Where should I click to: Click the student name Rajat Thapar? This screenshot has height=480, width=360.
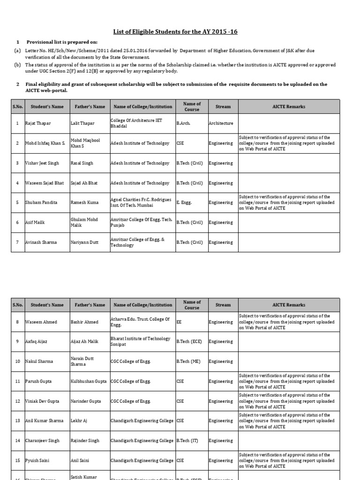click(x=38, y=123)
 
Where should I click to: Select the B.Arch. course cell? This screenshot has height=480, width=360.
click(x=185, y=123)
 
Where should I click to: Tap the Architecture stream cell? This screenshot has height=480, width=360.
click(x=221, y=123)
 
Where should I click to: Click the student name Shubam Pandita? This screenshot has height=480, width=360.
click(x=42, y=202)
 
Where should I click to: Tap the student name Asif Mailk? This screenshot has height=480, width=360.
click(x=35, y=223)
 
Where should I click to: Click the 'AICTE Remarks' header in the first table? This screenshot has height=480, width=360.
click(x=289, y=106)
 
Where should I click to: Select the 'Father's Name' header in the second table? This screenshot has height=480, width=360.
click(x=90, y=305)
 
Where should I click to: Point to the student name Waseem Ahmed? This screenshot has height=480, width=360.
click(x=40, y=322)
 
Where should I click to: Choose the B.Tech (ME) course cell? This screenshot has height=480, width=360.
click(x=189, y=361)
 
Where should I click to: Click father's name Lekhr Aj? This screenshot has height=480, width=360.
click(x=78, y=421)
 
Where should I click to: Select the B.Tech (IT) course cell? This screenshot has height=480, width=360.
click(x=189, y=441)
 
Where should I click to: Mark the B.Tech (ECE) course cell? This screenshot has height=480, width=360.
click(x=190, y=341)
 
